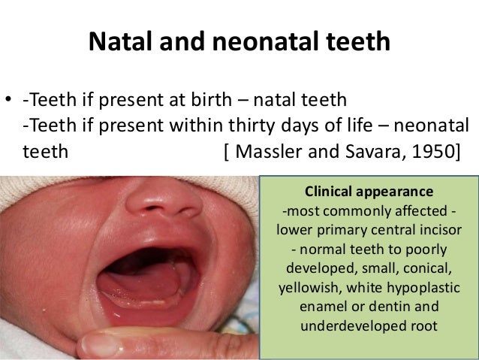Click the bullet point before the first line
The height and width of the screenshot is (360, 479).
[9, 101]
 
